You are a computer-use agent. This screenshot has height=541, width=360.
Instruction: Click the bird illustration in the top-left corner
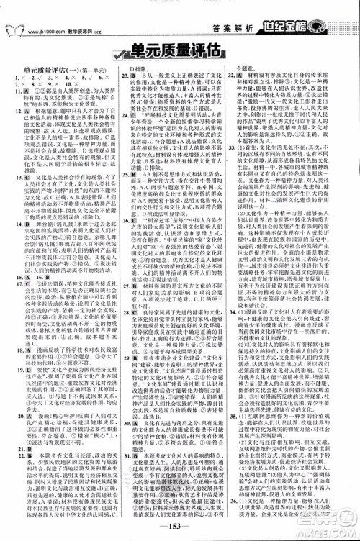pyautogui.click(x=15, y=29)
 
